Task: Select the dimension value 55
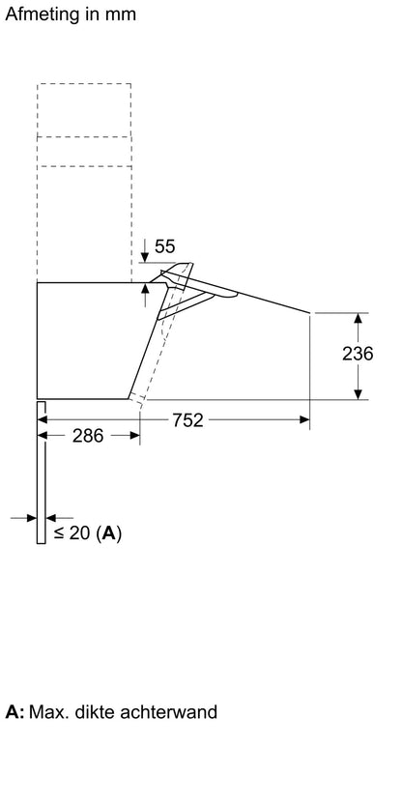pyautogui.click(x=164, y=246)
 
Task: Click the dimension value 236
pyautogui.click(x=358, y=354)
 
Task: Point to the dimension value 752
pyautogui.click(x=187, y=420)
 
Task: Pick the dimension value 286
pyautogui.click(x=88, y=436)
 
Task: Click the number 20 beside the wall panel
pyautogui.click(x=79, y=533)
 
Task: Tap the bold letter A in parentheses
pyautogui.click(x=109, y=533)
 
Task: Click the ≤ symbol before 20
pyautogui.click(x=60, y=533)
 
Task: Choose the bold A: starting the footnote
pyautogui.click(x=14, y=711)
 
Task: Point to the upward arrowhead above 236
pyautogui.click(x=358, y=318)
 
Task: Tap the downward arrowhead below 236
pyautogui.click(x=358, y=394)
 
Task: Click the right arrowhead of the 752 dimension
pyautogui.click(x=304, y=420)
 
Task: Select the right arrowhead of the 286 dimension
pyautogui.click(x=134, y=435)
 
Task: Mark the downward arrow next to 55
pyautogui.click(x=145, y=250)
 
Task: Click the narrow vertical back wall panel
pyautogui.click(x=41, y=473)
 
